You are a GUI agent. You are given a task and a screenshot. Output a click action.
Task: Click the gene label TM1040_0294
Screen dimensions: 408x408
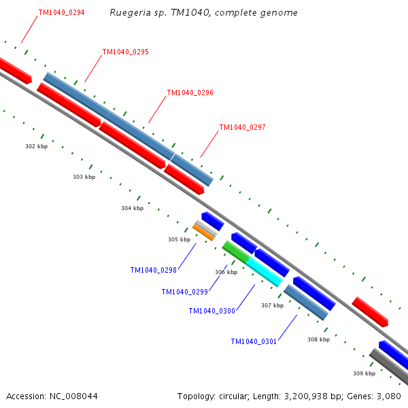tap(61, 12)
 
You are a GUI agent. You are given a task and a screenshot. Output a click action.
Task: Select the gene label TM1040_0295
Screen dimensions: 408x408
tap(125, 52)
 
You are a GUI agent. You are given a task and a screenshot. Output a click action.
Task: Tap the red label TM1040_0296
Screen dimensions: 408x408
tap(190, 92)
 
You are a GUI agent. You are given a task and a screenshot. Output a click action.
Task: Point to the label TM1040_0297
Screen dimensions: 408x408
tap(242, 127)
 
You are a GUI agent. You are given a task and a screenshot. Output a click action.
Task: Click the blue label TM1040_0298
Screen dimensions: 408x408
tap(153, 270)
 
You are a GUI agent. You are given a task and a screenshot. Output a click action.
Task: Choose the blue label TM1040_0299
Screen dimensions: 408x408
tap(184, 292)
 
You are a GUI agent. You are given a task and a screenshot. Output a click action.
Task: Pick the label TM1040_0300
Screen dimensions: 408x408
tap(211, 311)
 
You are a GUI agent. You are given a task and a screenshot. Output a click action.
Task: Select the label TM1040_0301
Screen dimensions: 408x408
tap(254, 341)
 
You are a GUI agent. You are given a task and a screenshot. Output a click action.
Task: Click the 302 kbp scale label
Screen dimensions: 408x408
tap(36, 146)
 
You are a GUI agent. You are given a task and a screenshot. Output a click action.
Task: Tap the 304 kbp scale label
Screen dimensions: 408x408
tap(132, 208)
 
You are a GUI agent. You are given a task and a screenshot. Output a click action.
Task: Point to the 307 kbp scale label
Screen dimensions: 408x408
tap(272, 305)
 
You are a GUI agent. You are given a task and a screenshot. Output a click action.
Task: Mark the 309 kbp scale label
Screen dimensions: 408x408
tap(364, 373)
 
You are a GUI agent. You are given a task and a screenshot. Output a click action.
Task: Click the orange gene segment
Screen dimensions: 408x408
tap(203, 232)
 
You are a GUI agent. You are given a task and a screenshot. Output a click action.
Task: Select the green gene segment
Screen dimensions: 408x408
tap(235, 252)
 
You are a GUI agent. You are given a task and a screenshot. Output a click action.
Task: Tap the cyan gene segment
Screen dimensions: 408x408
tap(264, 271)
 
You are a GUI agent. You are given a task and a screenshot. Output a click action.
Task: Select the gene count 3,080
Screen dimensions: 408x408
tap(390, 396)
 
